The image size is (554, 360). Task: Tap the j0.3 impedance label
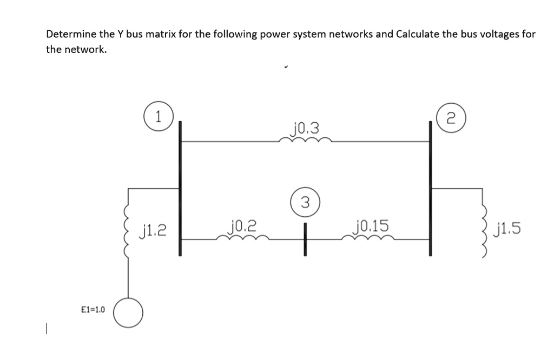click(x=305, y=128)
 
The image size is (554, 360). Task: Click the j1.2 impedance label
click(x=153, y=232)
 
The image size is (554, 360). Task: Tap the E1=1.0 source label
click(x=93, y=310)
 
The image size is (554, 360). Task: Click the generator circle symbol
click(x=128, y=312)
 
